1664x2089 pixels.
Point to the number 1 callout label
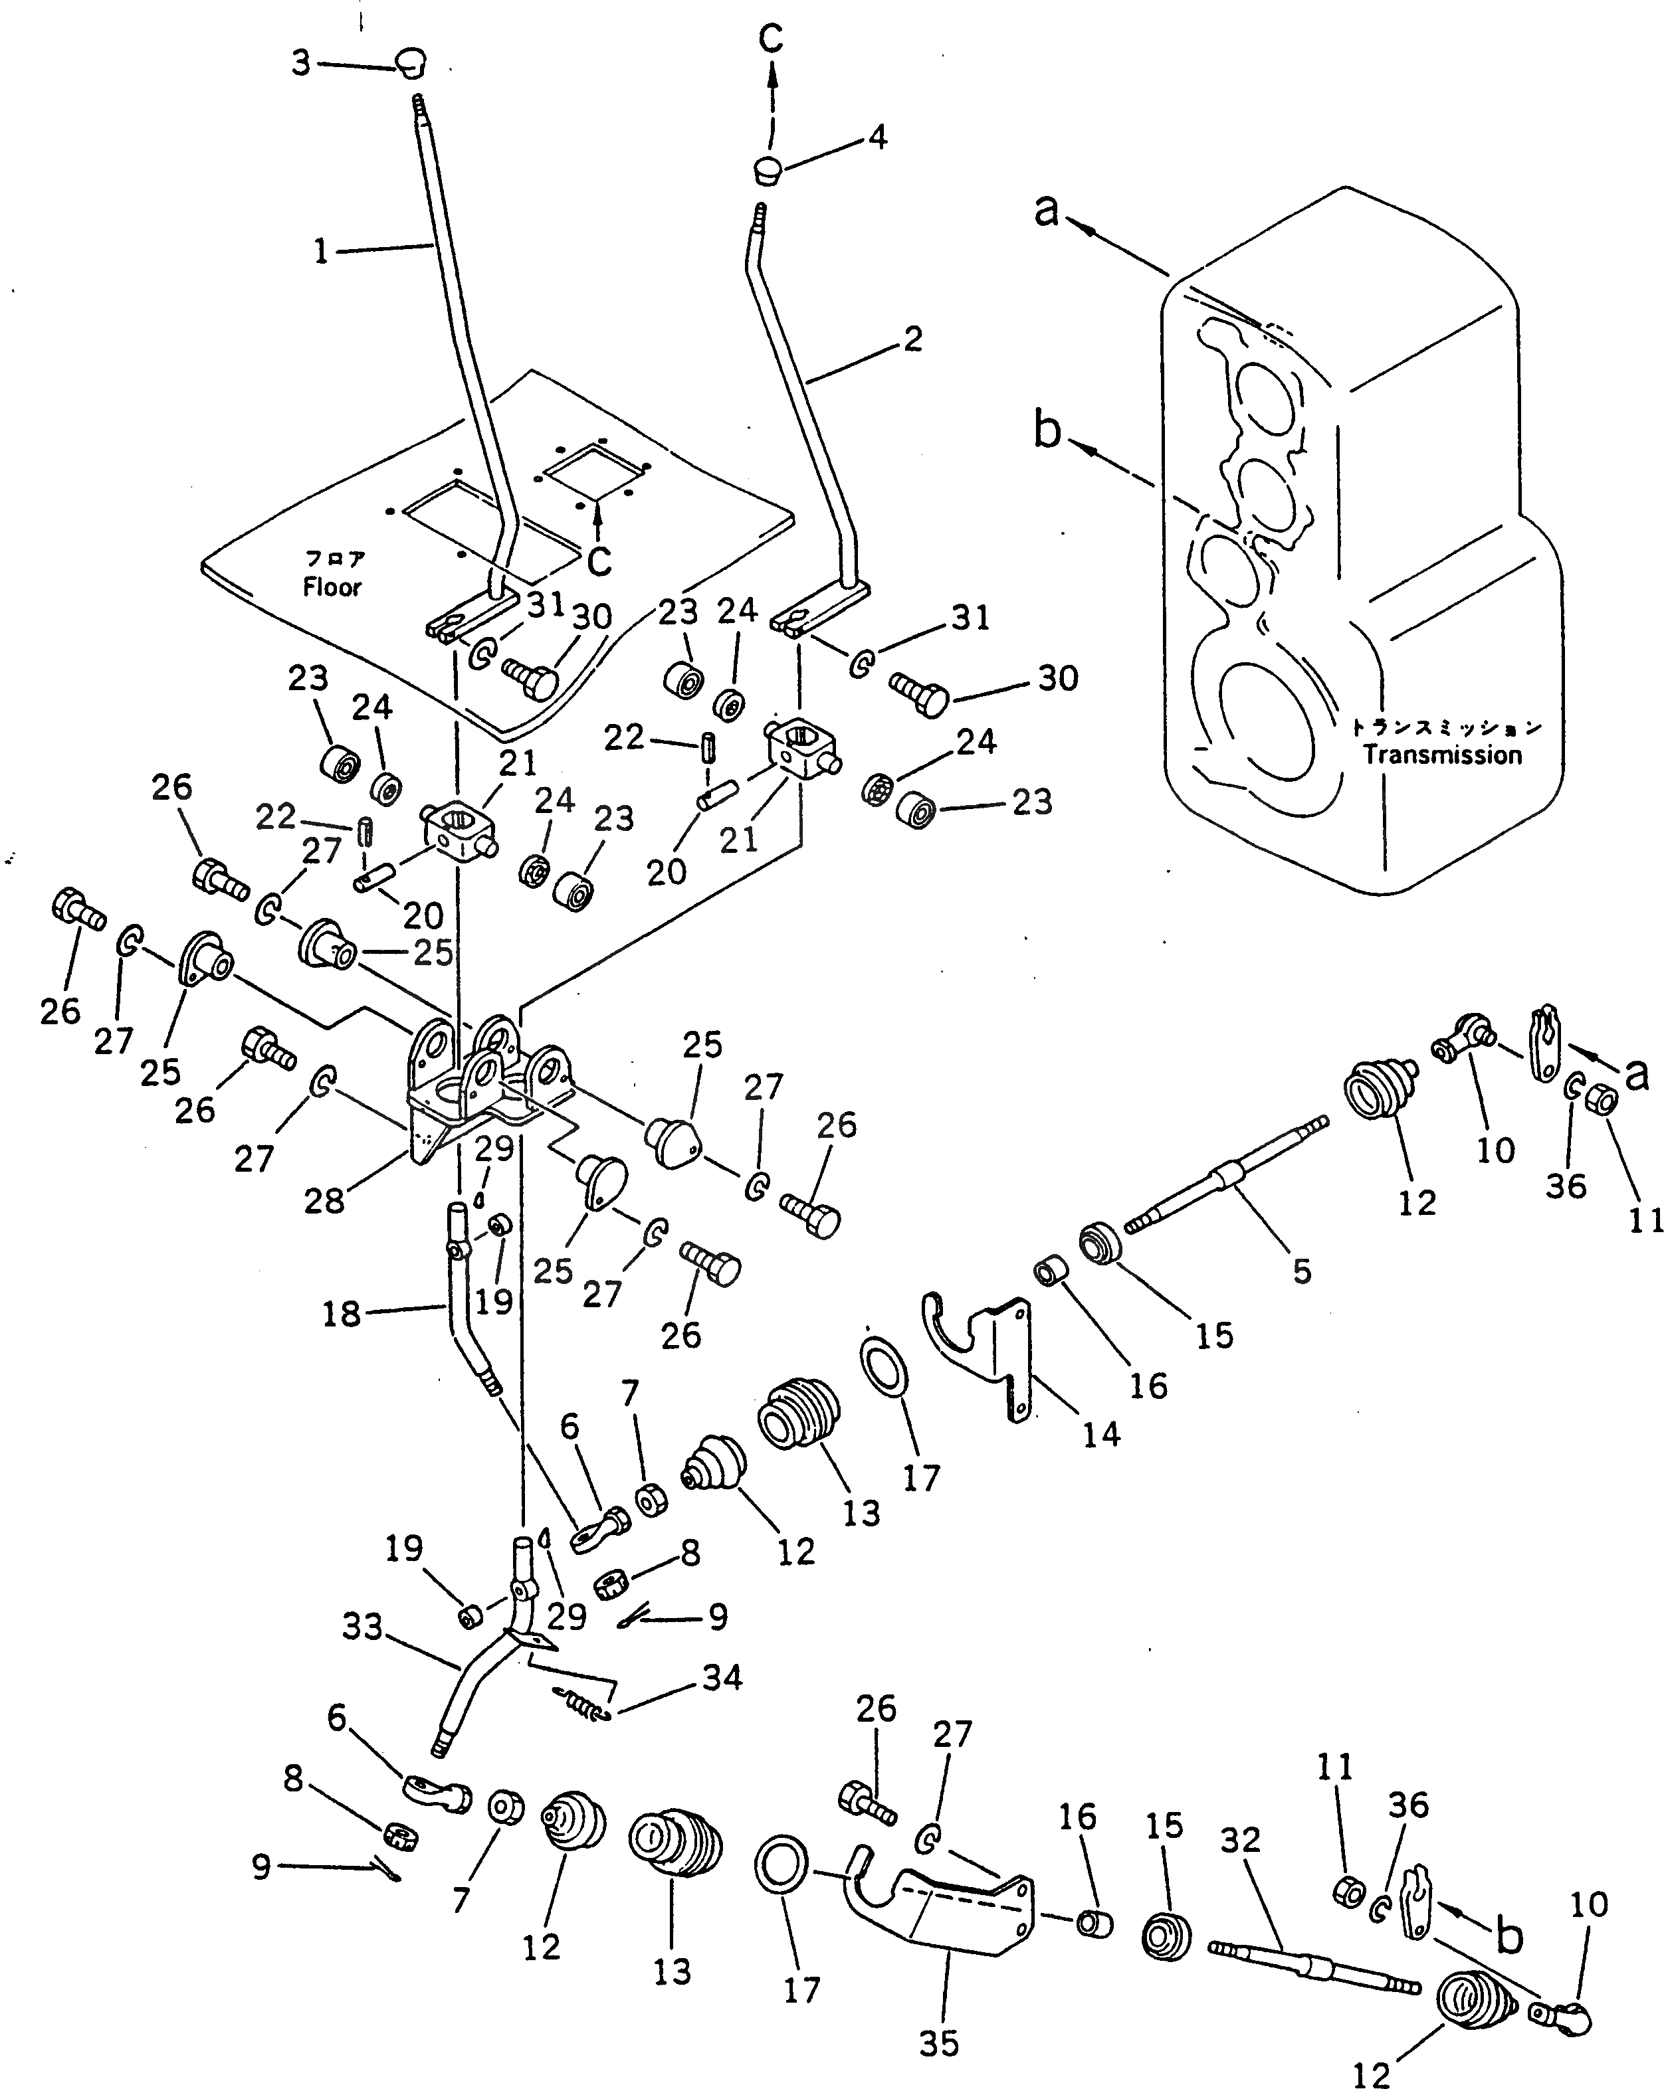pos(322,252)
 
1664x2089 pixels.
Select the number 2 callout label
pos(912,339)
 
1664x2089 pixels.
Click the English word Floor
pos(332,587)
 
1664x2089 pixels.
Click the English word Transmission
pos(1442,755)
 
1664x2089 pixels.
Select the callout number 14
pos(1101,1434)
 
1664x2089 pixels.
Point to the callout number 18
pos(341,1315)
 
